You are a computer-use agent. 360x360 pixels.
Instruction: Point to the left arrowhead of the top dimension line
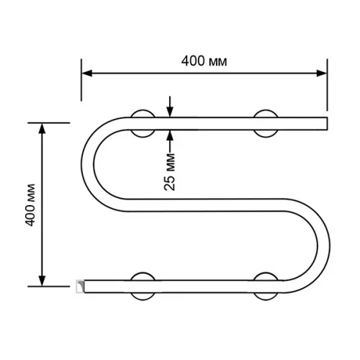coord(85,73)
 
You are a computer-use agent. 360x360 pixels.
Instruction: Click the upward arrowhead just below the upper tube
coord(170,132)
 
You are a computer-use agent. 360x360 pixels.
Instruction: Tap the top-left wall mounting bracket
coord(143,122)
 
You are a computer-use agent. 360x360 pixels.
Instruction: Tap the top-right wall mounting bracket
coord(266,122)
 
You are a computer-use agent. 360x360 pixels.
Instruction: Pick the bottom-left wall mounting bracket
coord(143,285)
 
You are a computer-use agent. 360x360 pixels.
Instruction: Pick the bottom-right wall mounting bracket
coord(266,285)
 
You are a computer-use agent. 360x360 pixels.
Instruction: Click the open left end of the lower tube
coord(81,286)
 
